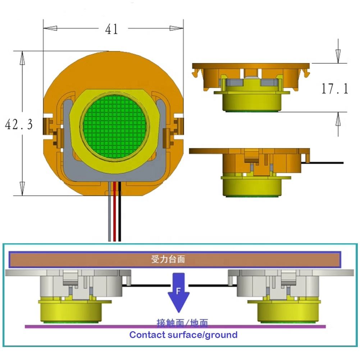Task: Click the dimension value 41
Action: pyautogui.click(x=111, y=29)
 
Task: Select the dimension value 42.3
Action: pyautogui.click(x=18, y=124)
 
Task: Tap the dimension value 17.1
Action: pyautogui.click(x=334, y=88)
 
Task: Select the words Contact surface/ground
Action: pyautogui.click(x=183, y=335)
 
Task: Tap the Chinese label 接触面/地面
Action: pyautogui.click(x=182, y=322)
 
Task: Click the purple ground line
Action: pyautogui.click(x=108, y=327)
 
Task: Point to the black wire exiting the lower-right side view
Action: pyautogui.click(x=327, y=163)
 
